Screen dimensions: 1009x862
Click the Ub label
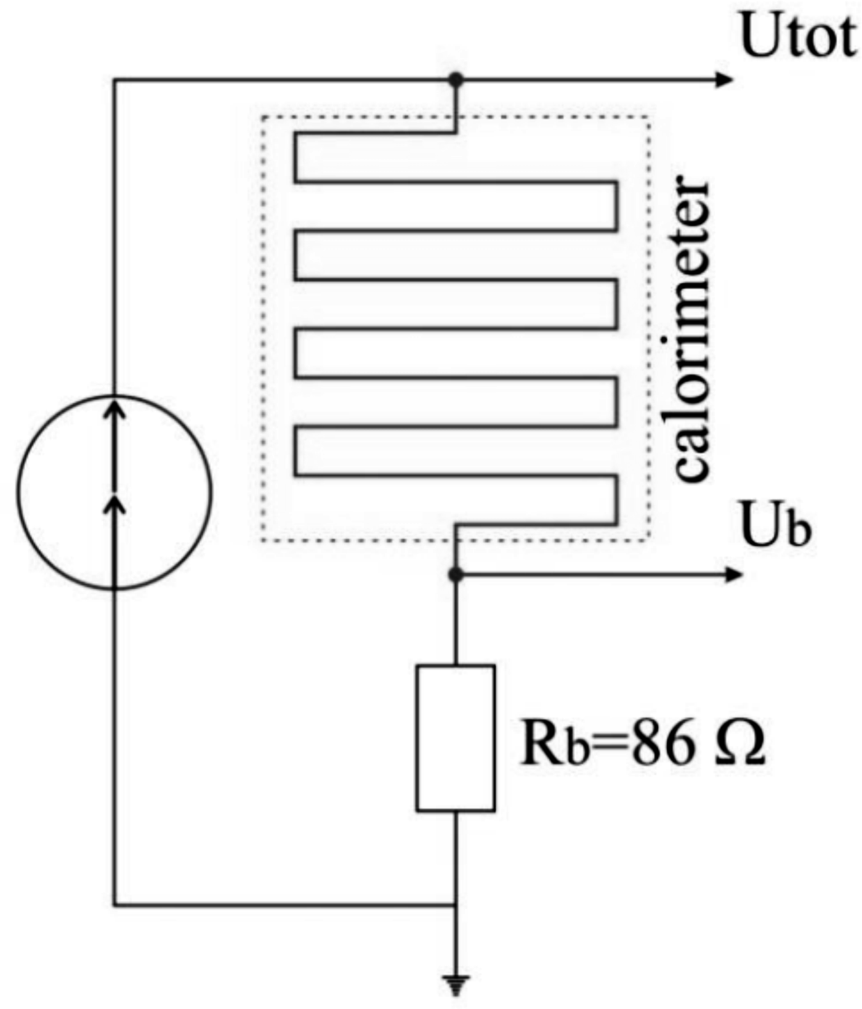click(x=775, y=525)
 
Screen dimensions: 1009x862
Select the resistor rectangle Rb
click(x=456, y=737)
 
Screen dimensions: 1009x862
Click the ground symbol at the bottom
click(x=456, y=984)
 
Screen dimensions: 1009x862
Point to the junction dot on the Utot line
click(x=456, y=79)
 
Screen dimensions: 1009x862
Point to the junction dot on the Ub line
click(x=456, y=575)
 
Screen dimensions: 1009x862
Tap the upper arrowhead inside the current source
click(x=114, y=409)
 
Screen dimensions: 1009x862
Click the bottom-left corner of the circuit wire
click(x=114, y=905)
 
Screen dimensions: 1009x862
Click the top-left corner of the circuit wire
click(x=114, y=79)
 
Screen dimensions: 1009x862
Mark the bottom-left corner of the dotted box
click(x=262, y=541)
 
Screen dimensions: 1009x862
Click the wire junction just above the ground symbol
click(x=456, y=905)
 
